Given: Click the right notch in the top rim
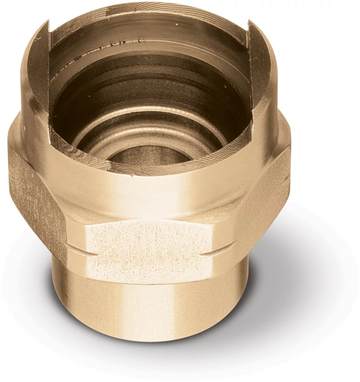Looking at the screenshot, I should click(x=253, y=33).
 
